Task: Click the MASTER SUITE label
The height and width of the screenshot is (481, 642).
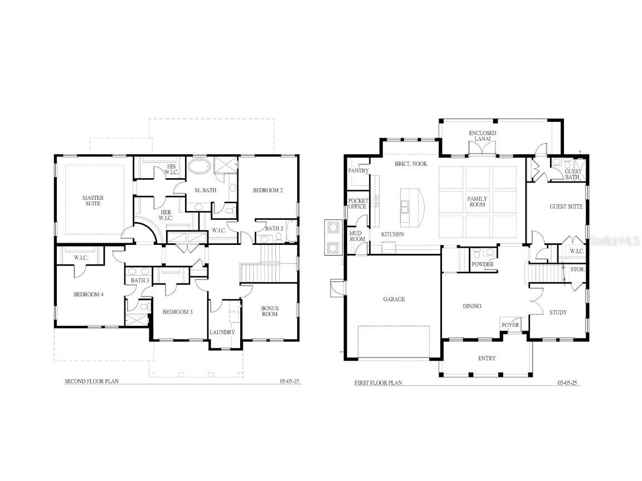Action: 93,202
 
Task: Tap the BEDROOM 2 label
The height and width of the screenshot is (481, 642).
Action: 268,190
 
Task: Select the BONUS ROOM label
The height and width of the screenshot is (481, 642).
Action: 270,311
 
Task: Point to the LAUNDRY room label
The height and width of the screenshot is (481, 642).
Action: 222,332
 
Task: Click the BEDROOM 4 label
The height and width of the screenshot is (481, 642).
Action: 89,295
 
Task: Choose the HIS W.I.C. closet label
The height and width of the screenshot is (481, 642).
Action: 171,169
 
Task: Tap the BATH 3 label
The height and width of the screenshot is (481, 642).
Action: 140,281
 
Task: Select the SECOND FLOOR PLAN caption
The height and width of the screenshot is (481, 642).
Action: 92,382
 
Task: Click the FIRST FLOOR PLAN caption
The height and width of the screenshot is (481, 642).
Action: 378,383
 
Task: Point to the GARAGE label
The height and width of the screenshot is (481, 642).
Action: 393,300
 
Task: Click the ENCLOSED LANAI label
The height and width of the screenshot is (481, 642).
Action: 482,136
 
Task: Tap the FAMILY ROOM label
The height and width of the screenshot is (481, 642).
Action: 477,202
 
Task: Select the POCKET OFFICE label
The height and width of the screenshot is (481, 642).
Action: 357,204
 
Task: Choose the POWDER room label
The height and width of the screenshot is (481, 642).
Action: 482,264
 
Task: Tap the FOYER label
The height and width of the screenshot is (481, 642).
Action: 510,325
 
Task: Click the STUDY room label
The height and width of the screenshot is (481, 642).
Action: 558,312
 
